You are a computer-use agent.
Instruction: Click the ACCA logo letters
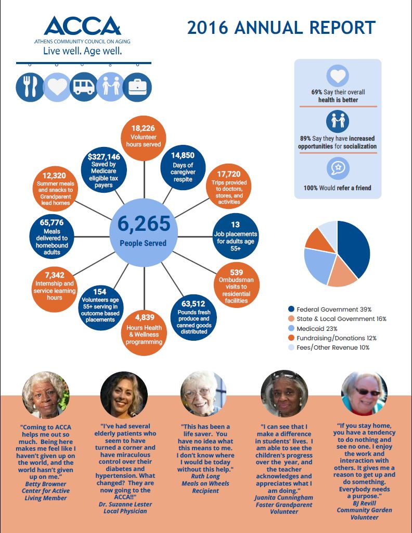pyautogui.click(x=83, y=26)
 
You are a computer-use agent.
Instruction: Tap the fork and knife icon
pyautogui.click(x=30, y=87)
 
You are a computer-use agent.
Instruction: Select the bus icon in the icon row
pyautogui.click(x=84, y=86)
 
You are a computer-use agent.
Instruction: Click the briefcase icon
pyautogui.click(x=137, y=87)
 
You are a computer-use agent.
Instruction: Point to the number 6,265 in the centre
pyautogui.click(x=144, y=224)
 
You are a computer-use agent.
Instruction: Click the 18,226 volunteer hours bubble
pyautogui.click(x=144, y=138)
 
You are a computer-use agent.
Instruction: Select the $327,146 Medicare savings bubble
pyautogui.click(x=104, y=169)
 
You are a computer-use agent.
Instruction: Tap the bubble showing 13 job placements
pyautogui.click(x=236, y=236)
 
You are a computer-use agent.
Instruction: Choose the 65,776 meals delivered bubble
pyautogui.click(x=52, y=237)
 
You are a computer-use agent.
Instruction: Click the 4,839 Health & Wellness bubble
pyautogui.click(x=144, y=333)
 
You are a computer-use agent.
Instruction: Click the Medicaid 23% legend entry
pyautogui.click(x=313, y=329)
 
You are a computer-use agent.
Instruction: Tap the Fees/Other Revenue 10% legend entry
pyautogui.click(x=329, y=348)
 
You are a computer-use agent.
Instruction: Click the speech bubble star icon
pyautogui.click(x=338, y=168)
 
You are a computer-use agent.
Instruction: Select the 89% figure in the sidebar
pyautogui.click(x=305, y=139)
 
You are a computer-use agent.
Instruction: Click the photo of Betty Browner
pyautogui.click(x=46, y=394)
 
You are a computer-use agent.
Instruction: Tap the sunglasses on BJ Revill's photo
pyautogui.click(x=368, y=392)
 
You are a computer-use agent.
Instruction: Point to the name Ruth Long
pyautogui.click(x=205, y=476)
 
